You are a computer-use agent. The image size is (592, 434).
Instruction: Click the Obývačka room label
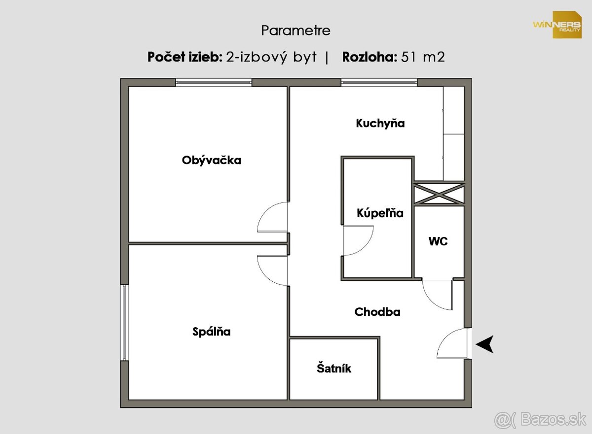pos(212,161)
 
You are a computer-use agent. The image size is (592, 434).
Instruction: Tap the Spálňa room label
pos(212,332)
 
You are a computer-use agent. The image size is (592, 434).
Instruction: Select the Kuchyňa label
pos(380,124)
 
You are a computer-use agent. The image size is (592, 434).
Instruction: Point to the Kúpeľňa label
pos(380,213)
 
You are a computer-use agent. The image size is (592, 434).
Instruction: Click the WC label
pos(438,241)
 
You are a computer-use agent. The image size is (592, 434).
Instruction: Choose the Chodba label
pos(377,312)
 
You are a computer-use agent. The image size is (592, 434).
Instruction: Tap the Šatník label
pos(334,368)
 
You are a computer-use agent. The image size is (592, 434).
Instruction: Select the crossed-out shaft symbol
pos(439,194)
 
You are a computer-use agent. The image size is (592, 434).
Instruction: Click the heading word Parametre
pos(296,31)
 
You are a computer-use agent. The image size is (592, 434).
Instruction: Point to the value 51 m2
pos(423,57)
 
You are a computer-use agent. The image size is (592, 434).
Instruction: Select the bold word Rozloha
pos(370,57)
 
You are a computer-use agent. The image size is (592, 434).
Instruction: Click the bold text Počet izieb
pos(185,57)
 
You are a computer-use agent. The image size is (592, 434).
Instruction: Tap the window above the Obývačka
pos(214,83)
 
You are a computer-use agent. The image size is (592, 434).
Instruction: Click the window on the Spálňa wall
pos(124,322)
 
